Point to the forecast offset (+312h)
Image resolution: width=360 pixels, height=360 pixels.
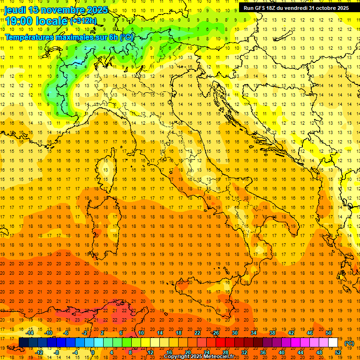click(x=83, y=21)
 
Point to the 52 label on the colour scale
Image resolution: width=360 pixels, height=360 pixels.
click(x=338, y=352)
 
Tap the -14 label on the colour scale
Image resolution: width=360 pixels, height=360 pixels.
click(x=30, y=333)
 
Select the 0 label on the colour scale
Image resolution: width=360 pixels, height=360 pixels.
click(x=93, y=352)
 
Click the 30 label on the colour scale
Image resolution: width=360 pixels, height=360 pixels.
click(x=234, y=333)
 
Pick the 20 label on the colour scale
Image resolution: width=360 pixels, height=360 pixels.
click(x=187, y=352)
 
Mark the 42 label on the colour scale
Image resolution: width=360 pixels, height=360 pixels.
click(x=291, y=333)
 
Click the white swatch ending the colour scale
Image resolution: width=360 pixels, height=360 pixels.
click(x=333, y=342)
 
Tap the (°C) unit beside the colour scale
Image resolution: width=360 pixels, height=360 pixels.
click(x=349, y=343)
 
